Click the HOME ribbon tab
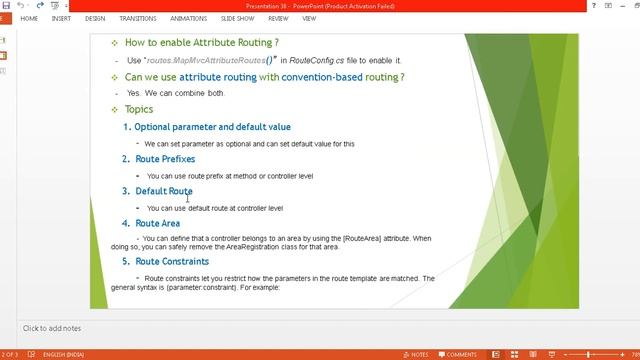point(29,18)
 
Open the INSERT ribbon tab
point(61,18)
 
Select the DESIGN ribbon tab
point(95,18)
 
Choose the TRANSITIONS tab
point(137,18)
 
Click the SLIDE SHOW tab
point(237,18)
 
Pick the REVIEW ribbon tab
point(278,18)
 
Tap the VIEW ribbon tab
point(309,18)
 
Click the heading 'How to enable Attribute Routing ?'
point(201,43)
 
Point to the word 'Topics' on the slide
point(139,109)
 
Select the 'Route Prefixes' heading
point(165,159)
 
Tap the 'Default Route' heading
point(164,191)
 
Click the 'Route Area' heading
point(158,223)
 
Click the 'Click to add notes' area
point(52,328)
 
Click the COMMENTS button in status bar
point(457,354)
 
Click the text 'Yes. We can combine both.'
point(176,93)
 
